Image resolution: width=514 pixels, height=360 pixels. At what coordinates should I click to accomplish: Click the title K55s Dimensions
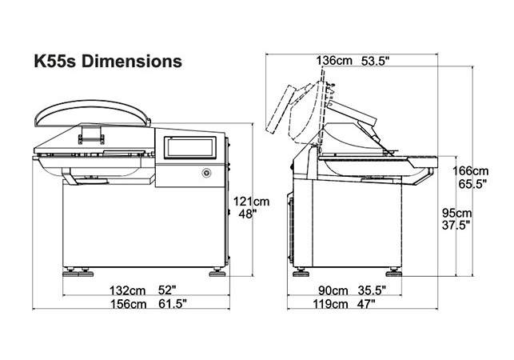point(108,61)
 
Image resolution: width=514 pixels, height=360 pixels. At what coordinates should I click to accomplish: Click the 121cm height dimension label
point(251,201)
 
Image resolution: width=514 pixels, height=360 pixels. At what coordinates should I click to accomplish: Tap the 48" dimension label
point(248,214)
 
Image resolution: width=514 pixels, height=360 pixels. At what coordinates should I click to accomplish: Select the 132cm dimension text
point(127,290)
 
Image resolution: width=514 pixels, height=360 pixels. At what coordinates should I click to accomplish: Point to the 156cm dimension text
point(128,304)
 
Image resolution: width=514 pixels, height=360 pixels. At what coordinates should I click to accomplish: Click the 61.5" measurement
point(173,304)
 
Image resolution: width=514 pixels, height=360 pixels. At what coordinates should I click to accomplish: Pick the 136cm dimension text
point(334,61)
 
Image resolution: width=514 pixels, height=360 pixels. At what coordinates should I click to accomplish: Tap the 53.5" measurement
point(375,61)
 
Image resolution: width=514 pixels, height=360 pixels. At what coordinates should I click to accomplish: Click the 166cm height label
point(470,171)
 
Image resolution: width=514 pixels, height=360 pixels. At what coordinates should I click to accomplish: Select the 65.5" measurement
point(472,184)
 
